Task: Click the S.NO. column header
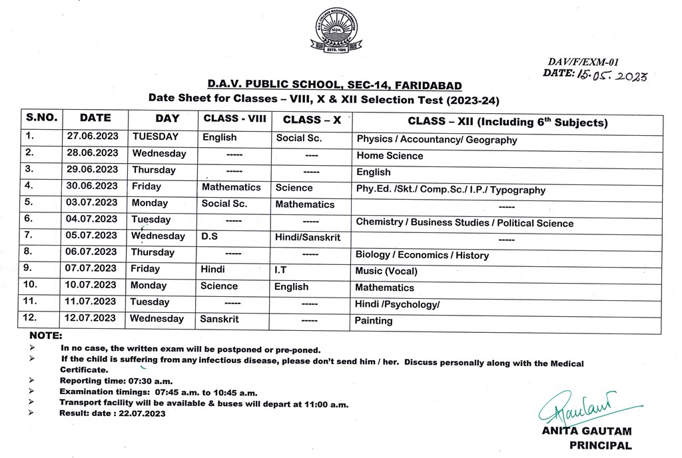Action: (42, 118)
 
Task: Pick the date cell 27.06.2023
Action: (93, 136)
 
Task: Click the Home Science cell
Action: (390, 156)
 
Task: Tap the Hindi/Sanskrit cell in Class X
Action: (307, 237)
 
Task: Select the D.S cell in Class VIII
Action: (209, 236)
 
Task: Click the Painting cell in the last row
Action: (374, 321)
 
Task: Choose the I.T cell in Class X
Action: (281, 270)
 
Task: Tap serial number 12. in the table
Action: (29, 318)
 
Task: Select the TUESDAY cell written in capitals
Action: (155, 136)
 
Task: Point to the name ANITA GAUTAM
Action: (586, 431)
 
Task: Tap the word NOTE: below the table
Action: (45, 336)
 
